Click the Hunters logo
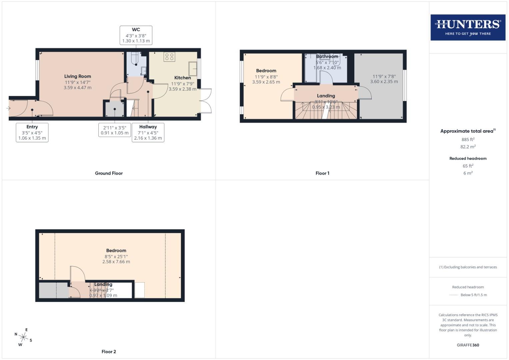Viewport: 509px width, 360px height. [x=468, y=27]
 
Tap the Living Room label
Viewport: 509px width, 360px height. [x=78, y=76]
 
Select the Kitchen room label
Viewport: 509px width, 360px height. [x=183, y=78]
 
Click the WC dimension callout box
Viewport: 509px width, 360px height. [x=136, y=35]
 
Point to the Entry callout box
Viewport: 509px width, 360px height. [x=32, y=132]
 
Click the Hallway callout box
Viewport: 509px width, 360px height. [x=148, y=132]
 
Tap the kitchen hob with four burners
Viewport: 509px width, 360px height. [x=169, y=57]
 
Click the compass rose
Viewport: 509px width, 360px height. [x=23, y=337]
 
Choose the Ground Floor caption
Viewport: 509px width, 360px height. [x=109, y=173]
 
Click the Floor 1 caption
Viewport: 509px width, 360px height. [x=322, y=173]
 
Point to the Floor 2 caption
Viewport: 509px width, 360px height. [x=109, y=352]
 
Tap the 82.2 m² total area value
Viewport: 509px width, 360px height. [x=468, y=147]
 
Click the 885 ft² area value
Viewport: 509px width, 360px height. [x=468, y=139]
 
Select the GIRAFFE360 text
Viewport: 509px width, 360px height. [x=468, y=345]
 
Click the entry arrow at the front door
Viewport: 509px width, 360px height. [x=8, y=108]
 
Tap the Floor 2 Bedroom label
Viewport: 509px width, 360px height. [x=116, y=251]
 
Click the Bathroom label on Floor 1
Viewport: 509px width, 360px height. [x=327, y=57]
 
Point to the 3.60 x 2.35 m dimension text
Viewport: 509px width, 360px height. [x=384, y=81]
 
